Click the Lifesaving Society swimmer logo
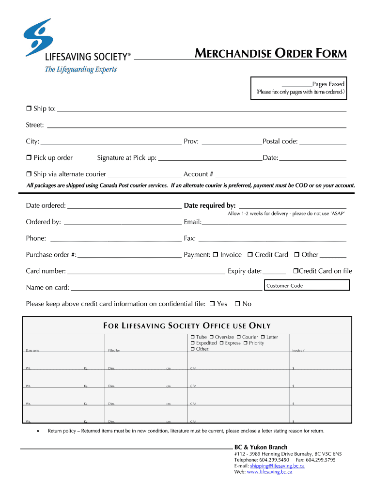click(38, 37)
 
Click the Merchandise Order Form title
click(271, 54)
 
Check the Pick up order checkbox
click(29, 158)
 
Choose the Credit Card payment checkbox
click(250, 255)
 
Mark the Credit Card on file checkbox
click(296, 271)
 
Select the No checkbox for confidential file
click(237, 304)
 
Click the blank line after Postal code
click(323, 143)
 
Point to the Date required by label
click(210, 206)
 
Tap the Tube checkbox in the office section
click(192, 337)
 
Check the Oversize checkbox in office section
click(211, 337)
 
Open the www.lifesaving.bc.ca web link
click(269, 472)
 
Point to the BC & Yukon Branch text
click(261, 447)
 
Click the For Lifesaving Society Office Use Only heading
click(187, 326)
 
